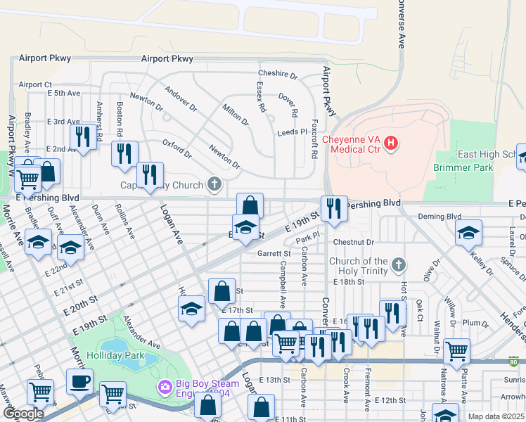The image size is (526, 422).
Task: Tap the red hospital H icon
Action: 392,144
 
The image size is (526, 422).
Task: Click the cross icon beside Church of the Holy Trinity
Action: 399,265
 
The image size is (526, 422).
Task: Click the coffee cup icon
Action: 79,381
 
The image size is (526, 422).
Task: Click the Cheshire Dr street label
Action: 278,74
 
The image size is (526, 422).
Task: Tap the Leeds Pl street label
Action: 293,132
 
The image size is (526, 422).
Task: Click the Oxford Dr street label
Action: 177,148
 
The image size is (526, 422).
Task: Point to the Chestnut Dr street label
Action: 354,242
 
